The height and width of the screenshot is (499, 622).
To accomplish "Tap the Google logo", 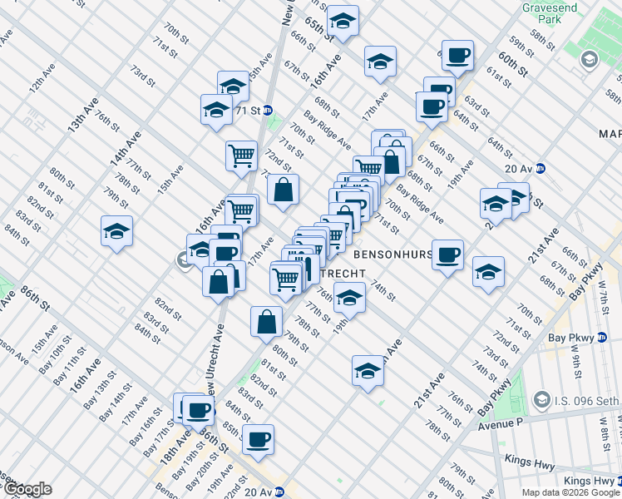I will [x=27, y=489].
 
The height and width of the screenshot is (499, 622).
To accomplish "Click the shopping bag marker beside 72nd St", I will [x=284, y=190].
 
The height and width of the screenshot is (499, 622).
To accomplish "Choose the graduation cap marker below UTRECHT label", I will [x=350, y=299].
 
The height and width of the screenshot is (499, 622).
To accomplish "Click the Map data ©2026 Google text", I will [x=570, y=492].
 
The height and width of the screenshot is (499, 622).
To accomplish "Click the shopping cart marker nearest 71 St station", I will [x=241, y=155].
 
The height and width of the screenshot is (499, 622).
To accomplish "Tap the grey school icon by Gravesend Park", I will [x=590, y=59].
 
